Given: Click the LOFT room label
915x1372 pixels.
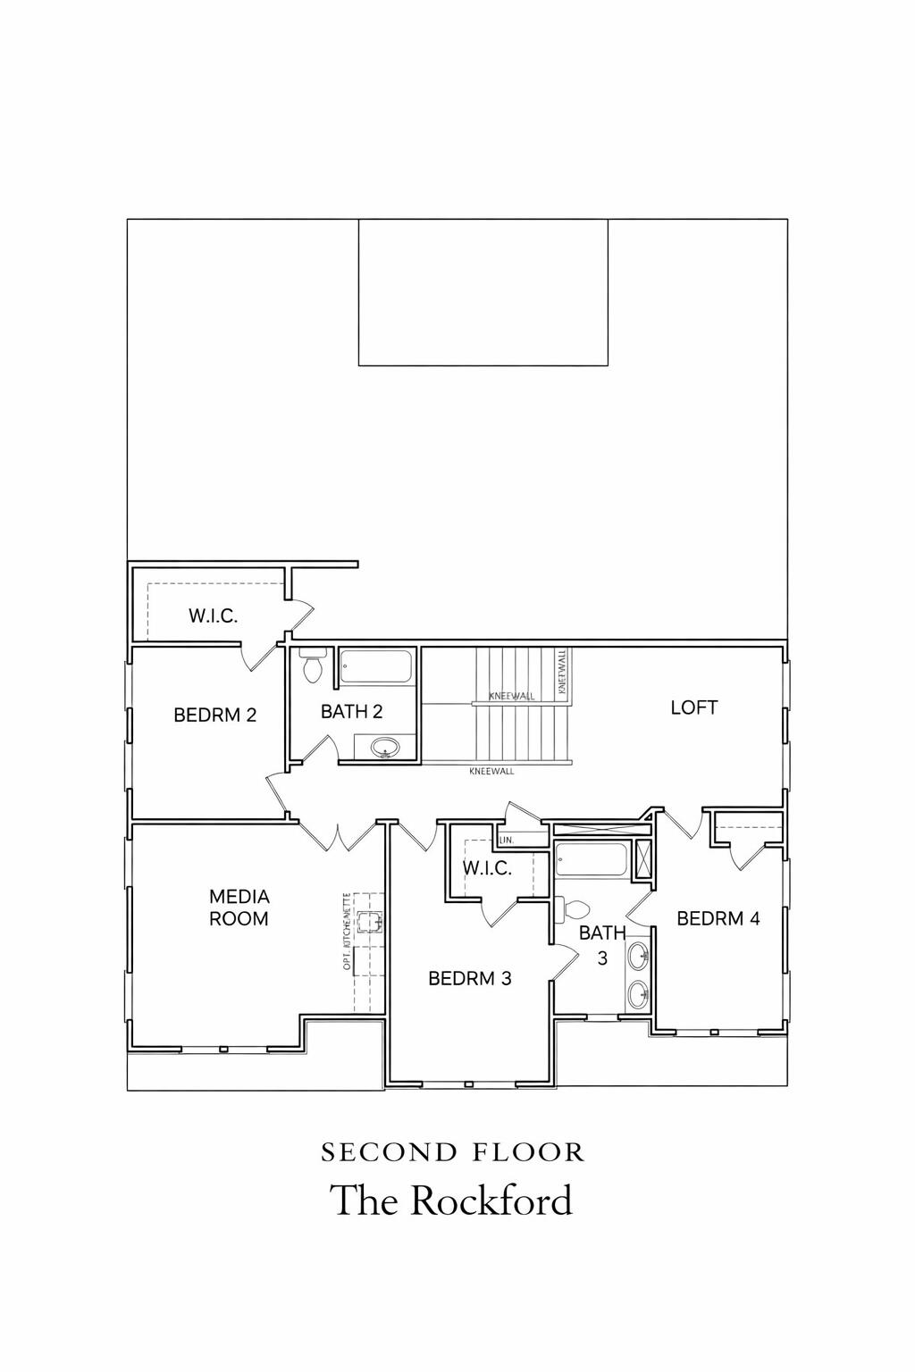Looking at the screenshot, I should (x=694, y=707).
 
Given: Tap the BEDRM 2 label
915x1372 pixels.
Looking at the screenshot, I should (x=214, y=715).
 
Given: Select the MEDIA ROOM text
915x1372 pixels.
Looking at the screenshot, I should (x=239, y=907).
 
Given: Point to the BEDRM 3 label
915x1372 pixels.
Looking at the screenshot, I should (x=469, y=978).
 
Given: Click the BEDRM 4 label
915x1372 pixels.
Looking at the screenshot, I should (x=718, y=918).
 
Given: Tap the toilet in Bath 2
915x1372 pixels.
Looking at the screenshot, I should (x=312, y=667).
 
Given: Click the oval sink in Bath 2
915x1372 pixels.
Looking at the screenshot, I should (x=385, y=747).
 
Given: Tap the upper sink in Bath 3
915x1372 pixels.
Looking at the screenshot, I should (x=639, y=957).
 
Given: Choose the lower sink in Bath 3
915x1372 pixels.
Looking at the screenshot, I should (x=639, y=993).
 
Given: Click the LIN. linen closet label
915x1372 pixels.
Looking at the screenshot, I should (x=506, y=840).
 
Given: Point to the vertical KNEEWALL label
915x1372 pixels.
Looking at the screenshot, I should (x=561, y=673).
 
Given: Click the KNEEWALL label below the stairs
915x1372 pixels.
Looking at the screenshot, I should (x=491, y=771).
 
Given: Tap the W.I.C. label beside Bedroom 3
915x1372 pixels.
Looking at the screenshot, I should (x=486, y=868).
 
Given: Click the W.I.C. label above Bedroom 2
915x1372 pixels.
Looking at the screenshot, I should (x=213, y=615).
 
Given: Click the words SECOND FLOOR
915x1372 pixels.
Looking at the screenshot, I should (x=452, y=1152).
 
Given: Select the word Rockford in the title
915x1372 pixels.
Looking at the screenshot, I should (x=491, y=1200).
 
